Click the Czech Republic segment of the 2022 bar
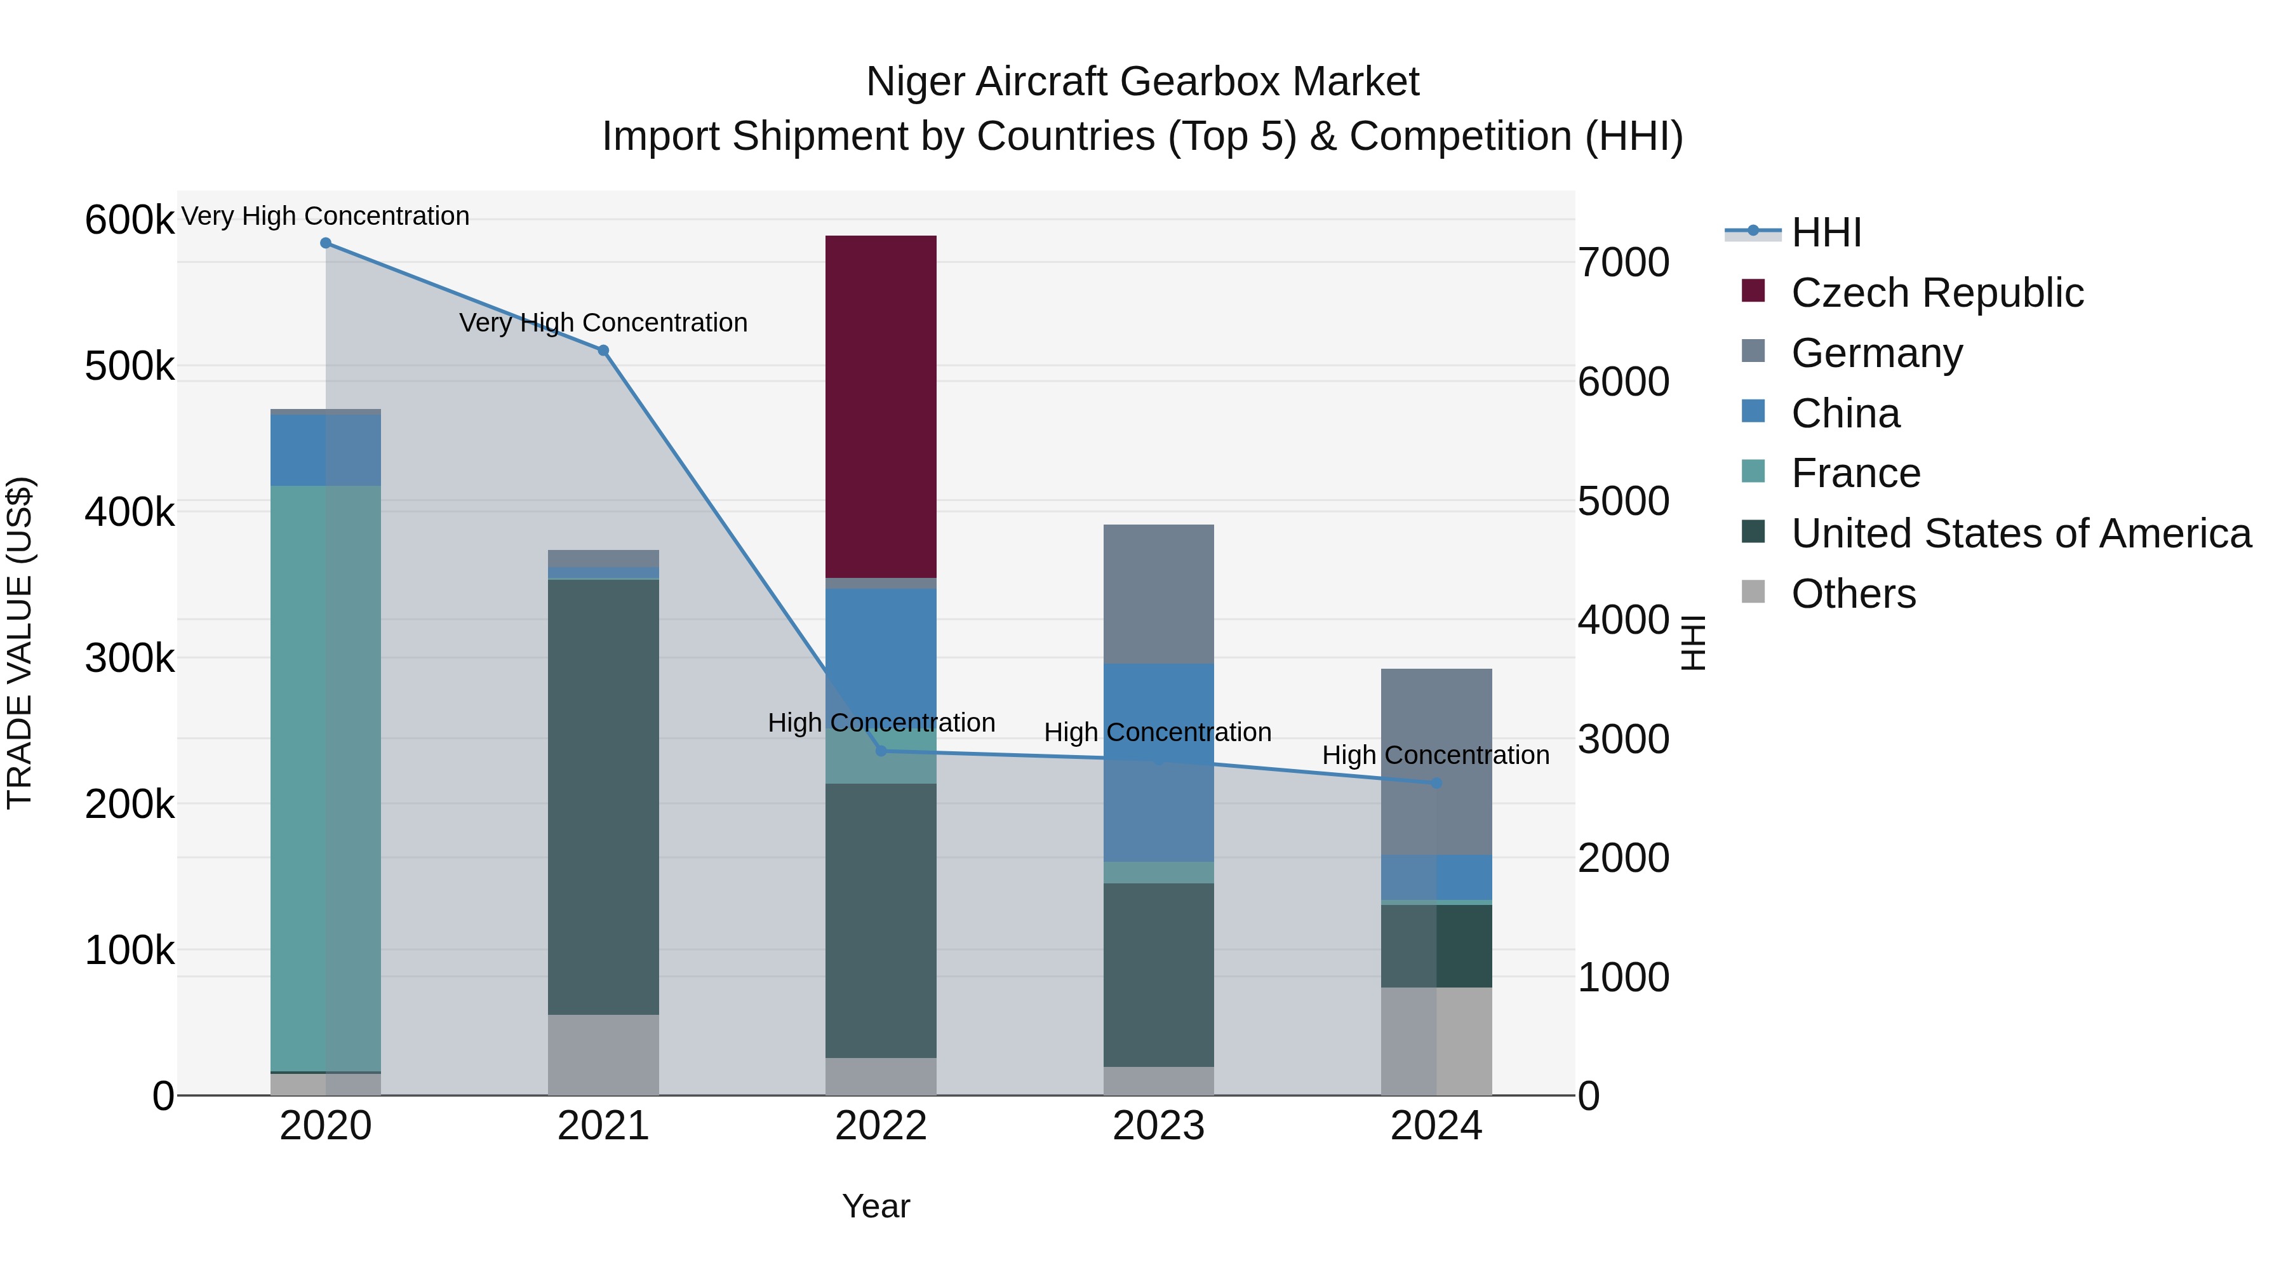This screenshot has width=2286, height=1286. tap(880, 406)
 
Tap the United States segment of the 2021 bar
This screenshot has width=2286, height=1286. tap(603, 796)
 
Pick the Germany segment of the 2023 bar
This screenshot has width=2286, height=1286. tap(1158, 594)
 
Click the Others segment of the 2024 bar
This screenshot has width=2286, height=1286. tap(1436, 1040)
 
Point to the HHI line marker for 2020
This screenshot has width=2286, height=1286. tap(326, 243)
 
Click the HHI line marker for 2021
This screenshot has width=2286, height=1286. tap(603, 351)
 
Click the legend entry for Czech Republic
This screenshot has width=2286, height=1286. tap(1936, 293)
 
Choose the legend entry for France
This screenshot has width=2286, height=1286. tap(1855, 473)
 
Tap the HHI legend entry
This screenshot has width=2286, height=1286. tap(1826, 232)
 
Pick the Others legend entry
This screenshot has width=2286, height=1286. tap(1853, 594)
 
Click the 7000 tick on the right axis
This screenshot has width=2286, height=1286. tap(1623, 263)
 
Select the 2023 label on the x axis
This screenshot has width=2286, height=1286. tap(1158, 1126)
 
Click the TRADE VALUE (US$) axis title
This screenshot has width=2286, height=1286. tap(20, 643)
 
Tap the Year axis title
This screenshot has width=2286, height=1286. tap(876, 1206)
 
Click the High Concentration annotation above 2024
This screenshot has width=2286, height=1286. tap(1435, 755)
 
